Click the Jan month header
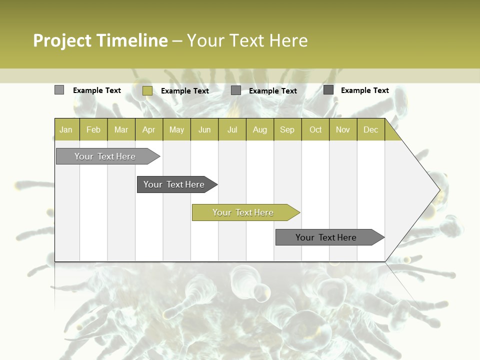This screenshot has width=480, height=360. [66, 130]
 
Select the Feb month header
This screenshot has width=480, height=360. [93, 130]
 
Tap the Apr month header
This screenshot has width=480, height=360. [148, 130]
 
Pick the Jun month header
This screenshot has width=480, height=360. [204, 130]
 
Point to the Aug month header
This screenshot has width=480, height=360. [260, 130]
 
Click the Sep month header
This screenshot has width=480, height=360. [287, 130]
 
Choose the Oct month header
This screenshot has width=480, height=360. [315, 130]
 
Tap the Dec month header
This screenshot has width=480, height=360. [370, 130]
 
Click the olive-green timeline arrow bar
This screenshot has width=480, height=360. [244, 212]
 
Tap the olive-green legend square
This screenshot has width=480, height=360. [147, 90]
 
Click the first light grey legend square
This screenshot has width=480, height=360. [59, 90]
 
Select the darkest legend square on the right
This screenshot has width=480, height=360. [328, 90]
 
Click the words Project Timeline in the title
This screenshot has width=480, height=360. [100, 40]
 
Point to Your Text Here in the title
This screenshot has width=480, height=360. [247, 40]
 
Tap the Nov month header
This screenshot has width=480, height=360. [343, 130]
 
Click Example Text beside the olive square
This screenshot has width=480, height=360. [184, 91]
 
